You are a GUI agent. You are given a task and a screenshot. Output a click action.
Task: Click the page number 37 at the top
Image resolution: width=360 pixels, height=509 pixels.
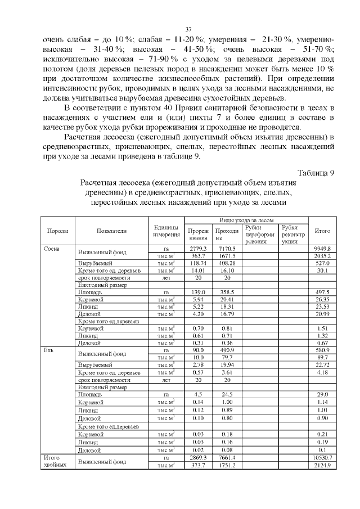(x=189, y=29)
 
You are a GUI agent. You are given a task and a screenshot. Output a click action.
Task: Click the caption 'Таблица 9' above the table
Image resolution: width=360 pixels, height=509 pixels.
(x=316, y=172)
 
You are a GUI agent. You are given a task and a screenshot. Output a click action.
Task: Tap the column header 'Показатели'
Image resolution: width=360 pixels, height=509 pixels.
(x=111, y=231)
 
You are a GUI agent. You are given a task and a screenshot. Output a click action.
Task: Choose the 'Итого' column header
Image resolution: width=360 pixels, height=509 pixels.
(x=322, y=231)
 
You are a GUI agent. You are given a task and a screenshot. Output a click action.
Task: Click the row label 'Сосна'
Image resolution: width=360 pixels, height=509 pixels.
(x=52, y=248)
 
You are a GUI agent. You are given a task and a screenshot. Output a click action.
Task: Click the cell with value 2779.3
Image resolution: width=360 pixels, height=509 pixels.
(x=198, y=248)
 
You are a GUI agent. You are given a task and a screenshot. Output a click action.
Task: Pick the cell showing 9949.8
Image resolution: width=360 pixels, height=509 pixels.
(x=322, y=248)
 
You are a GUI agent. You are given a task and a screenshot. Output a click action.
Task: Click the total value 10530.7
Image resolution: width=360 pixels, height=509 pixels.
(x=322, y=458)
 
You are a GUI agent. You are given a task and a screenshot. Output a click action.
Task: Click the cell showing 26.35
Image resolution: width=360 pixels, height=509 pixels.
(x=322, y=300)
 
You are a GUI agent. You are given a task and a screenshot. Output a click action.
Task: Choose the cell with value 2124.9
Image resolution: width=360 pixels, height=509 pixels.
(x=322, y=466)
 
